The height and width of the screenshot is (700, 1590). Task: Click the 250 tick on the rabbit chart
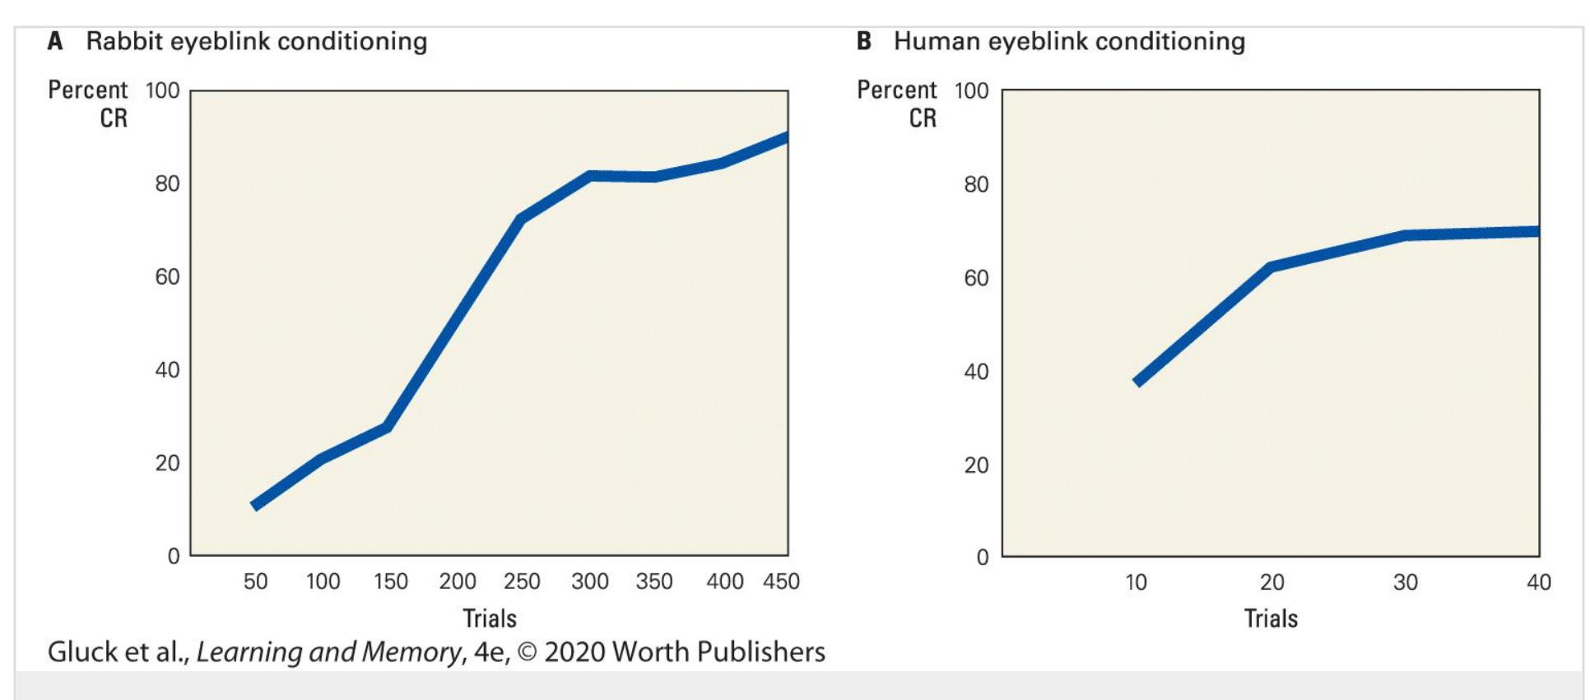[x=522, y=582]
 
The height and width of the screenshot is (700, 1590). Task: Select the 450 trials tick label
[x=781, y=582]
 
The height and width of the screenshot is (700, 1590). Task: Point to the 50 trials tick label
[x=255, y=582]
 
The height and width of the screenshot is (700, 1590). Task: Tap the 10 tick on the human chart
[x=1136, y=582]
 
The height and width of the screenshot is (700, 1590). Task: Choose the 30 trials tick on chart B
[x=1406, y=582]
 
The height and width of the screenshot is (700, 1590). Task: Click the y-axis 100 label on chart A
[x=162, y=90]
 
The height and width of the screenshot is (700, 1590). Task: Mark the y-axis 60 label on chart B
[x=976, y=278]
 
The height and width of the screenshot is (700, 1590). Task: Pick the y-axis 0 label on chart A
[x=173, y=557]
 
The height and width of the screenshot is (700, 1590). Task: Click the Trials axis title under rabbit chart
[x=490, y=618]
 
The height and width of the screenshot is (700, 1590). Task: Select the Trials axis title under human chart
[x=1271, y=618]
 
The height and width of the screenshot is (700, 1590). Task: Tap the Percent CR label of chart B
[x=898, y=104]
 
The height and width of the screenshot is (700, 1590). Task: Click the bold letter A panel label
[x=55, y=41]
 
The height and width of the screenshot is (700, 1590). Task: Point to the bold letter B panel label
[x=864, y=41]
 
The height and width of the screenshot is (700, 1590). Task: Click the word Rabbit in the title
[x=124, y=41]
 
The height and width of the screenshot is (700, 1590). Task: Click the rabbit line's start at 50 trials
[x=256, y=505]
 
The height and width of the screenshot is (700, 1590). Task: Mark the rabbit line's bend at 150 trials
[x=387, y=427]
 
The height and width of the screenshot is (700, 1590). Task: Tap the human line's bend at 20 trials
[x=1271, y=267]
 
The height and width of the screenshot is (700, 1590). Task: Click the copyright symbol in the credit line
[x=527, y=652]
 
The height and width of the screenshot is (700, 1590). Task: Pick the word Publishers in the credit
[x=761, y=652]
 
